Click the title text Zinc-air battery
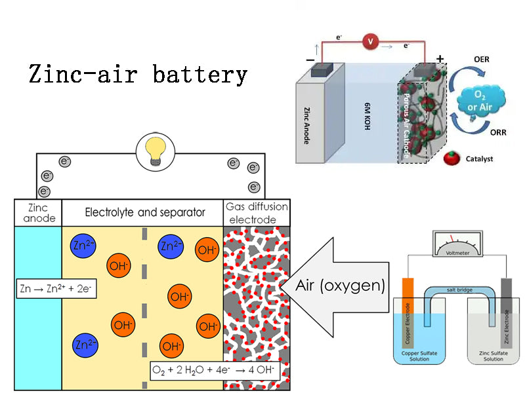point(138,73)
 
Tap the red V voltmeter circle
point(371,42)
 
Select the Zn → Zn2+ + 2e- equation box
point(56,288)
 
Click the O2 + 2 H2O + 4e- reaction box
point(214,371)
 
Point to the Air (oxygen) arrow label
point(340,286)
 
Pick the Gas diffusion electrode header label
point(257,213)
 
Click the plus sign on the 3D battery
point(439,59)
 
